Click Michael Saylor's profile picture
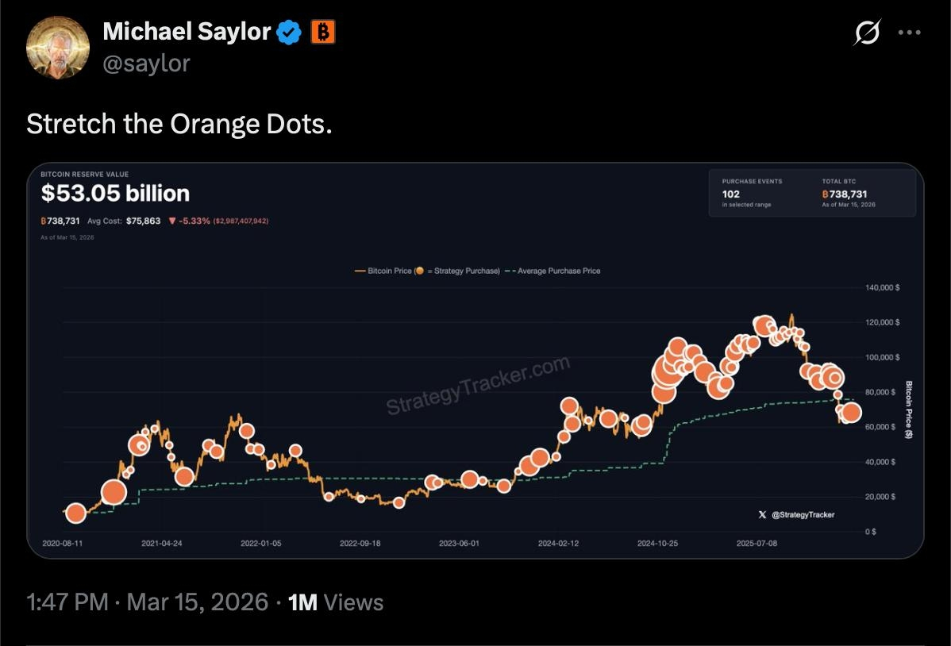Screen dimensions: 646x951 click(58, 47)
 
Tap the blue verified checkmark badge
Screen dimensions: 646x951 click(288, 33)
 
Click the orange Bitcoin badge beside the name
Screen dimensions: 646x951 click(323, 32)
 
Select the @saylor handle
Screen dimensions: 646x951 click(146, 63)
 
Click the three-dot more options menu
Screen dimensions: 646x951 click(909, 33)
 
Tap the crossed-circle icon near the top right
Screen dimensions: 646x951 click(867, 33)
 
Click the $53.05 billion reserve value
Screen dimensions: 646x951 click(115, 193)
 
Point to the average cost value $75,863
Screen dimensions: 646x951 click(143, 221)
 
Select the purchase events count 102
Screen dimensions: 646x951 click(730, 194)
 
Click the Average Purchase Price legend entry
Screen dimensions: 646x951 click(556, 271)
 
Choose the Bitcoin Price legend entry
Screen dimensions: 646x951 click(389, 271)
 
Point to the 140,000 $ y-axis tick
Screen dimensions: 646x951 click(882, 287)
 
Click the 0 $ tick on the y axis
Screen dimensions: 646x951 click(871, 532)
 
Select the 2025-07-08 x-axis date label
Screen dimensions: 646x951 click(756, 544)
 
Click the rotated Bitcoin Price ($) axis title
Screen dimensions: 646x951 click(910, 410)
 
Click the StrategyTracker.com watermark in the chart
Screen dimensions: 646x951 click(478, 386)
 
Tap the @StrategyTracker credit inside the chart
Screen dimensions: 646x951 click(803, 515)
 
